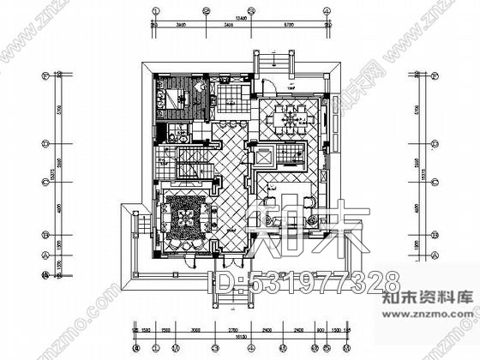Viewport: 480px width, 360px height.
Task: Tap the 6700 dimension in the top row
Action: tap(291, 25)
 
